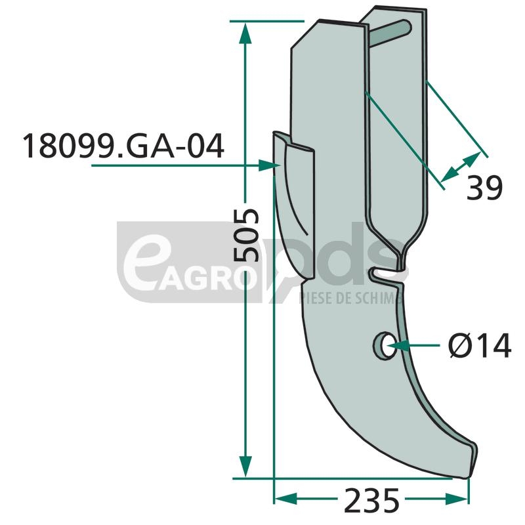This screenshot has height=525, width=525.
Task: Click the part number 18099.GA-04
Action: (123, 146)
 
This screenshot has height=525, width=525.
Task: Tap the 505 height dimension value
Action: (246, 235)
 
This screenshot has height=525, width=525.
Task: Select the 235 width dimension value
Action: (371, 500)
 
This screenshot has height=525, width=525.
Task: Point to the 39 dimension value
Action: (484, 188)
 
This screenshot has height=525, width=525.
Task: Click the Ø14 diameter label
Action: (480, 345)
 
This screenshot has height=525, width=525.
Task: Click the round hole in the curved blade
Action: (385, 346)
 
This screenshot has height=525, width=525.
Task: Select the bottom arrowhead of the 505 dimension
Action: (245, 467)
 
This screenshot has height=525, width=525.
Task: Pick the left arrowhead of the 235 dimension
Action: (285, 499)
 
